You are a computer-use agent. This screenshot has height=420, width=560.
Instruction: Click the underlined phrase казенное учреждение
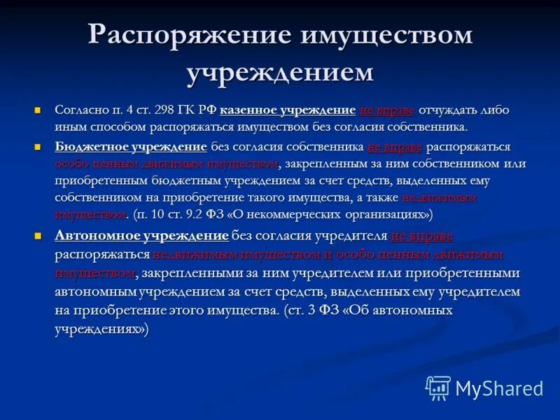(x=288, y=111)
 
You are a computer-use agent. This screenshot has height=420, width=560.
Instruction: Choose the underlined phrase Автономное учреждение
(x=141, y=236)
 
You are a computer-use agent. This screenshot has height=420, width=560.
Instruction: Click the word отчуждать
(x=449, y=111)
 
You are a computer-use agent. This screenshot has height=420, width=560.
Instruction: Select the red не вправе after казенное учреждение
(x=387, y=111)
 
